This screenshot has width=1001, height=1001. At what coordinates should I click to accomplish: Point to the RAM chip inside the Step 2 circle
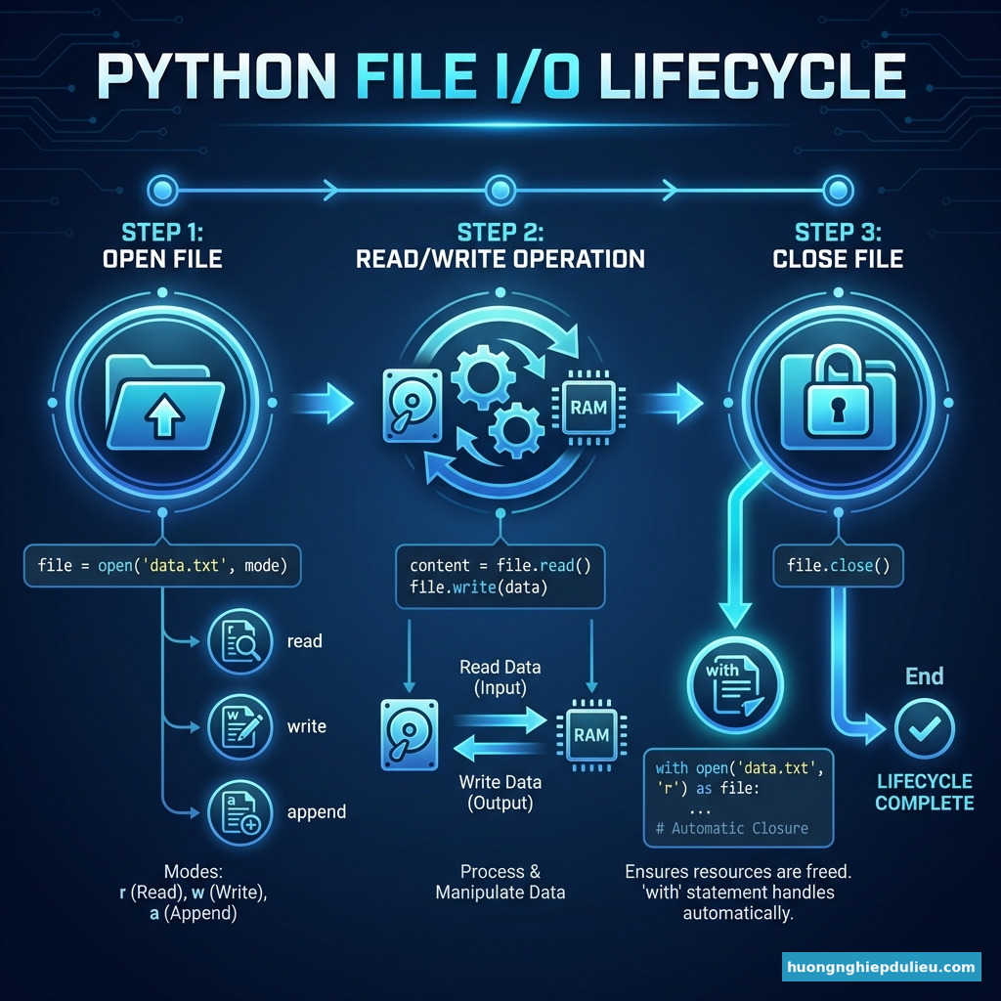click(588, 408)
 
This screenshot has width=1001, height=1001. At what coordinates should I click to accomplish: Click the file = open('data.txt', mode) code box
click(162, 565)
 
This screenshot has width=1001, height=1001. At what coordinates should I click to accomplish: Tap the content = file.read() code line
click(500, 566)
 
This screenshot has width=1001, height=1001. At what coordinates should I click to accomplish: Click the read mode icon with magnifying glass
click(237, 642)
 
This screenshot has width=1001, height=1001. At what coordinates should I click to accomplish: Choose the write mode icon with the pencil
click(237, 727)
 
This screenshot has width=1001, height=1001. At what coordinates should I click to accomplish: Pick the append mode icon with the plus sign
click(237, 812)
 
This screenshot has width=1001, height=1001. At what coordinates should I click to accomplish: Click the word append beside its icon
click(317, 812)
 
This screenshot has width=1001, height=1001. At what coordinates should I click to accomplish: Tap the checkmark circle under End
click(924, 728)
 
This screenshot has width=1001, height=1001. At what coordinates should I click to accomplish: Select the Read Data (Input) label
click(500, 677)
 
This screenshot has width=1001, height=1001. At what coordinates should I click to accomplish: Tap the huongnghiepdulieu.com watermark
click(881, 968)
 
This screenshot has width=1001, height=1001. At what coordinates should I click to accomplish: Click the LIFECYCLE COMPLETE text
click(924, 792)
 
